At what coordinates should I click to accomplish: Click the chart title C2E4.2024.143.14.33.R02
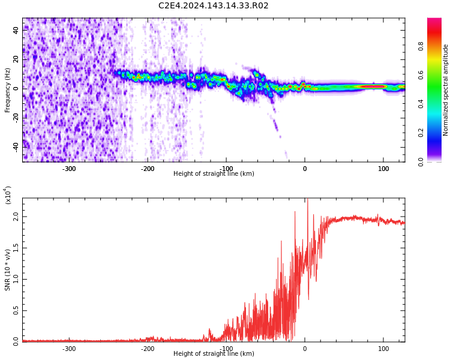[214, 6]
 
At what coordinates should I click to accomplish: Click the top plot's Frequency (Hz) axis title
[8, 90]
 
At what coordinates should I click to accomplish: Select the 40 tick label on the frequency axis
[16, 29]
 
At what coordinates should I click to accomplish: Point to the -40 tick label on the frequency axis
[15, 145]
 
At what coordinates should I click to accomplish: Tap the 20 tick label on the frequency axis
[16, 59]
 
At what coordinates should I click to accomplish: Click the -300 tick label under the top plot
[69, 169]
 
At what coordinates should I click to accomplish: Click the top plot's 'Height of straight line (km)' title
[214, 174]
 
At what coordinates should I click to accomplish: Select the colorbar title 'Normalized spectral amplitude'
[446, 90]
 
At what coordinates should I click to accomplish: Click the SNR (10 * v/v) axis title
[8, 270]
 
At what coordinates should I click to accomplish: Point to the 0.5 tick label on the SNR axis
[16, 310]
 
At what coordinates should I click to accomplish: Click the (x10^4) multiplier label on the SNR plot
[8, 195]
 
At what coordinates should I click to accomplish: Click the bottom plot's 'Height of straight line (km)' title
[214, 354]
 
